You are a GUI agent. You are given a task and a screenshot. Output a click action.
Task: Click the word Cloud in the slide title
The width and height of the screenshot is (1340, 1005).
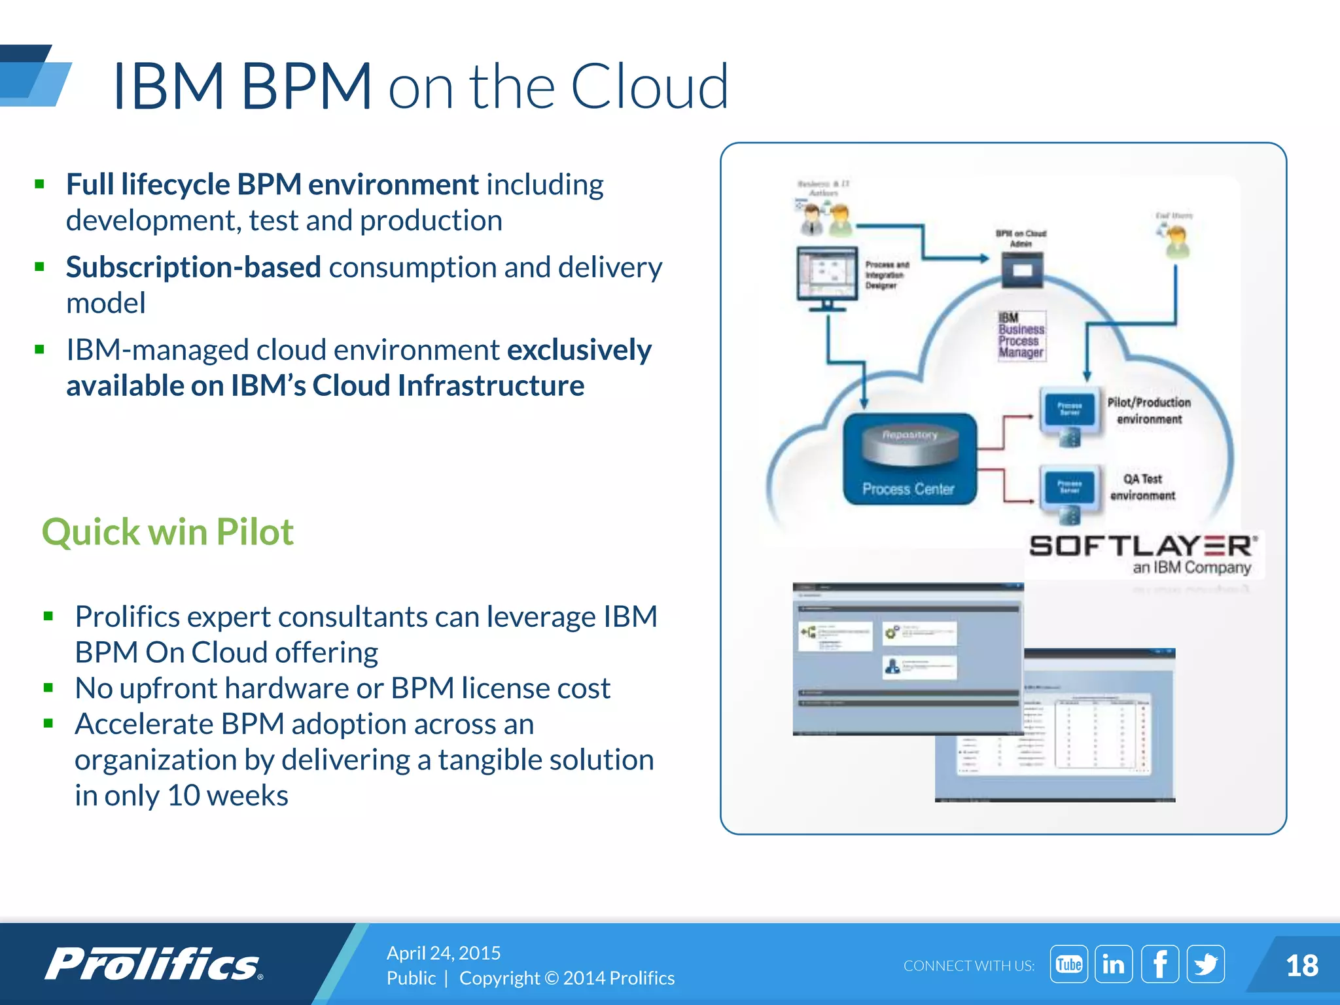coord(649,86)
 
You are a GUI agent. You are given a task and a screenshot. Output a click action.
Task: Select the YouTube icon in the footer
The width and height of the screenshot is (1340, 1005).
coord(1068,964)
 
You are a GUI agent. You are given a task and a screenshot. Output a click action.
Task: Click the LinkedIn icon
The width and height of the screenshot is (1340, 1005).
coord(1114,964)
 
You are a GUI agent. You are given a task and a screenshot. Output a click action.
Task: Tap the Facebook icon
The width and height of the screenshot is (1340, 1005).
coord(1159,964)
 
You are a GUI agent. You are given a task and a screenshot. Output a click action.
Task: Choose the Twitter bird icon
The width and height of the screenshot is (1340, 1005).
coord(1205,964)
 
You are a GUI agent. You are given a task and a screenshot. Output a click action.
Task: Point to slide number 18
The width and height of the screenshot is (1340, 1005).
coord(1301,966)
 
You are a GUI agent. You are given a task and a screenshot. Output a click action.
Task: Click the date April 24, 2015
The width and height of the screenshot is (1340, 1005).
coord(443,953)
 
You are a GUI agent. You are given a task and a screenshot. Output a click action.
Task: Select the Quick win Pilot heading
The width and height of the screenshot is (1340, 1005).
coord(167,531)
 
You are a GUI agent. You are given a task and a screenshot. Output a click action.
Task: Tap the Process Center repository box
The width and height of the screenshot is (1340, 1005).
coord(909,459)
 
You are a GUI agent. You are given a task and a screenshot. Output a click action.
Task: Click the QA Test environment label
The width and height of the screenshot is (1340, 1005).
coord(1142,487)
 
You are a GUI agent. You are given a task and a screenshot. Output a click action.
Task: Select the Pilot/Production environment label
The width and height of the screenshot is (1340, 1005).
coord(1149,410)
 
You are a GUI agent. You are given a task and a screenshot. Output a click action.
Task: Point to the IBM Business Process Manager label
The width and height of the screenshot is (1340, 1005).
coord(1021,336)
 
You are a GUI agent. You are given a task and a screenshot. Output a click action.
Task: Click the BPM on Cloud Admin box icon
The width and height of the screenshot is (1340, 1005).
coord(1022,270)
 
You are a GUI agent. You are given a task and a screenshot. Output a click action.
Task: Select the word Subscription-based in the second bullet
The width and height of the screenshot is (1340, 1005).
coord(193,268)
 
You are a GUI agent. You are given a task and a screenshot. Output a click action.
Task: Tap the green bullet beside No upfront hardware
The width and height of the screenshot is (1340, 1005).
coord(48,688)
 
